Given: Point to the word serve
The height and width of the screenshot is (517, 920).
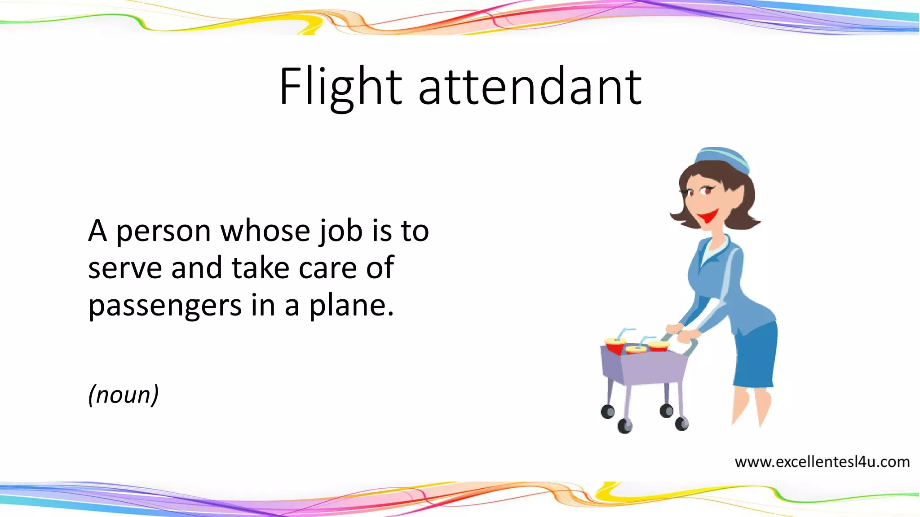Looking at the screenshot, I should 124,268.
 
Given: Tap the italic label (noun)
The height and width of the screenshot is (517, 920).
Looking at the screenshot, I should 124,395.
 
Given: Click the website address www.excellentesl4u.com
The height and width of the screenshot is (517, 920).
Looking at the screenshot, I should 822,462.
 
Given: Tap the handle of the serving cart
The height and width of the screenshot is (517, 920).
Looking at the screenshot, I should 692,346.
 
